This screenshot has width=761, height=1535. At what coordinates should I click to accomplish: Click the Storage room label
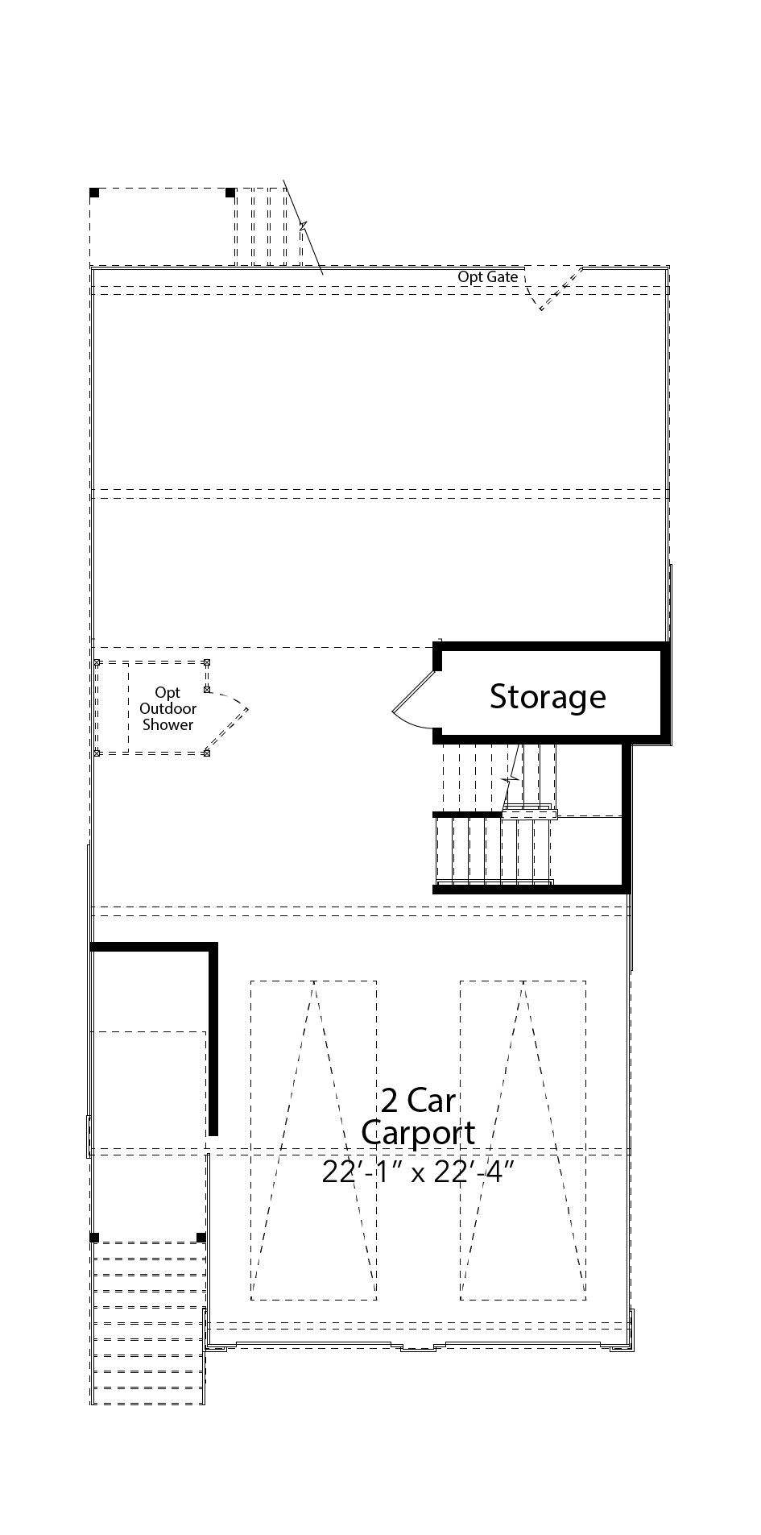pos(548,696)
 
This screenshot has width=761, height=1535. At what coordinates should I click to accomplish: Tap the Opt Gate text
pos(488,276)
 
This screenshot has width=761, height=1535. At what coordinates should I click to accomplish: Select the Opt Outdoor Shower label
pos(168,708)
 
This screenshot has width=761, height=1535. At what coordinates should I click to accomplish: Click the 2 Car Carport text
pos(418,1116)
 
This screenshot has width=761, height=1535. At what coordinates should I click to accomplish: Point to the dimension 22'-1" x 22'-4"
pos(418,1172)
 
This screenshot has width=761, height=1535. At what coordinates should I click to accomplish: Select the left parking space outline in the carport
pos(313,1140)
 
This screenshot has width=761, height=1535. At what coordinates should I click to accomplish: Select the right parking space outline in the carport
pos(523,1140)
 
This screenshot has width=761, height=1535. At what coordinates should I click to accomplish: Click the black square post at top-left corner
pos(94,193)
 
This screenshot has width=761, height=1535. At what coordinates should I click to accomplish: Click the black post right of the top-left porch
pos(230,193)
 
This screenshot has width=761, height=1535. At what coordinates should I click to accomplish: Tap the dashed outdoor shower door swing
pos(230,721)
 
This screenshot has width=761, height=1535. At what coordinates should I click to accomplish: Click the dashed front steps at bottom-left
pos(147,1321)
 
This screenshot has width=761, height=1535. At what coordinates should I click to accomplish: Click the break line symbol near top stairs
pos(304,227)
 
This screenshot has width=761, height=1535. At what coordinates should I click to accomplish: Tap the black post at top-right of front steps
pos(201,1238)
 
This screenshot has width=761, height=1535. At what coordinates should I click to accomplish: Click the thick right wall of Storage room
pos(665,691)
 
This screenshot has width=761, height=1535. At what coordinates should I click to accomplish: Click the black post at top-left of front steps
pos(94,1238)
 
